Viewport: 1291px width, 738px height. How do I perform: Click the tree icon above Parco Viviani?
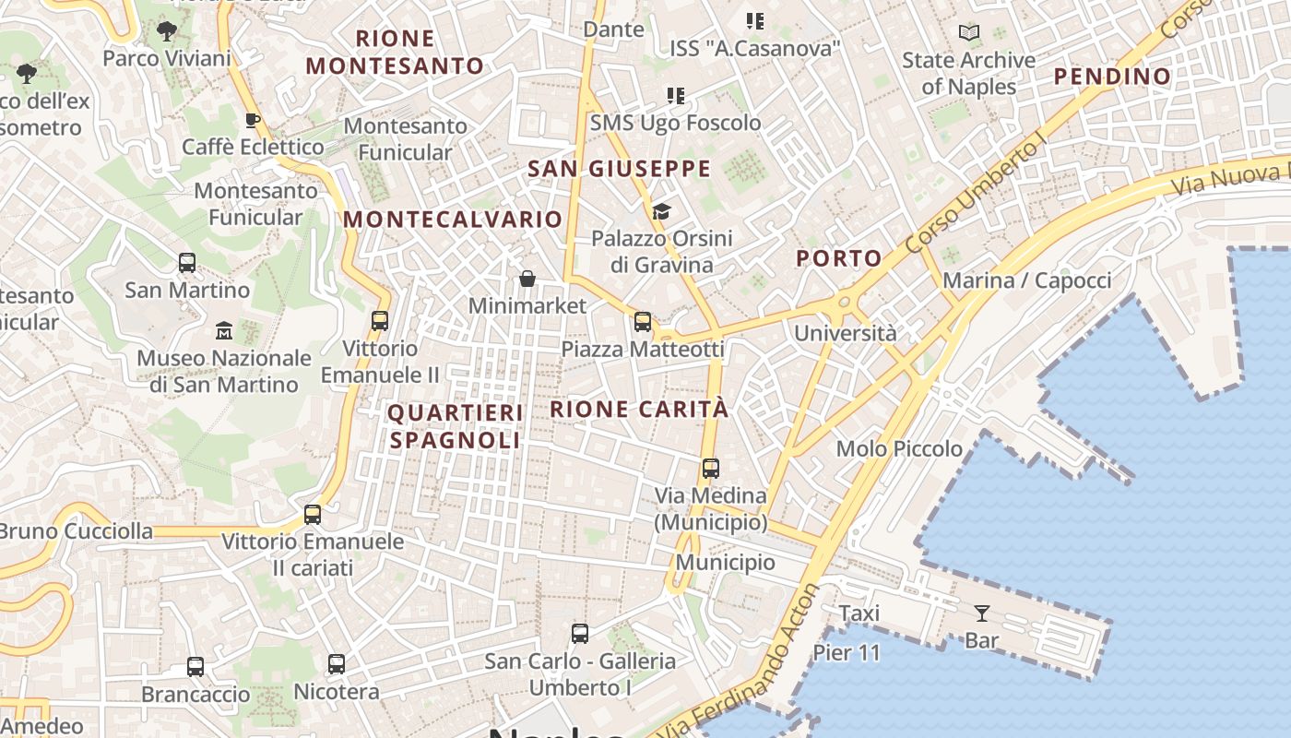pyautogui.click(x=167, y=31)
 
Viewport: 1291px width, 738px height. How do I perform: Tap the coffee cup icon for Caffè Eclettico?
pyautogui.click(x=252, y=120)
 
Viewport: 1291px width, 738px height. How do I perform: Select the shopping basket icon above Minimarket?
pyautogui.click(x=527, y=279)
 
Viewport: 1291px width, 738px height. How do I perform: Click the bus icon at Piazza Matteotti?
pyautogui.click(x=643, y=322)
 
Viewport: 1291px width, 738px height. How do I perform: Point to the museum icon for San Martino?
pyautogui.click(x=223, y=330)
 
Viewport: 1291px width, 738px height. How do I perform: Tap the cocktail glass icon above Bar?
pyautogui.click(x=981, y=613)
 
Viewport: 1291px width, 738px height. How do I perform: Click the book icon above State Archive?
pyautogui.click(x=968, y=33)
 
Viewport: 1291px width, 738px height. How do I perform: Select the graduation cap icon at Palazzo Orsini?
pyautogui.click(x=661, y=212)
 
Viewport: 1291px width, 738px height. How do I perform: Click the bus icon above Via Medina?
pyautogui.click(x=710, y=468)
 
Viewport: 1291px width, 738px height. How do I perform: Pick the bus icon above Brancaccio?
pyautogui.click(x=195, y=666)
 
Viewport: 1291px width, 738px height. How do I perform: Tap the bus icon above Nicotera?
pyautogui.click(x=337, y=663)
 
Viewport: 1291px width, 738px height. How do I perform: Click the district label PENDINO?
pyautogui.click(x=1112, y=76)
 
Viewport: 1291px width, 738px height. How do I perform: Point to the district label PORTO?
pyautogui.click(x=839, y=258)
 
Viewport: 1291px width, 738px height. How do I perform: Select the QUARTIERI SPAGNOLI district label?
pyautogui.click(x=456, y=426)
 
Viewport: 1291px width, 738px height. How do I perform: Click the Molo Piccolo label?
pyautogui.click(x=899, y=449)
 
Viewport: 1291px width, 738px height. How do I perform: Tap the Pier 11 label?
pyautogui.click(x=847, y=653)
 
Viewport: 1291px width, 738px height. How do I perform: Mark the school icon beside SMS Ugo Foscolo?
pyautogui.click(x=676, y=96)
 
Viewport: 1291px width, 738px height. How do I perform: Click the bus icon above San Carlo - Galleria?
pyautogui.click(x=580, y=634)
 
